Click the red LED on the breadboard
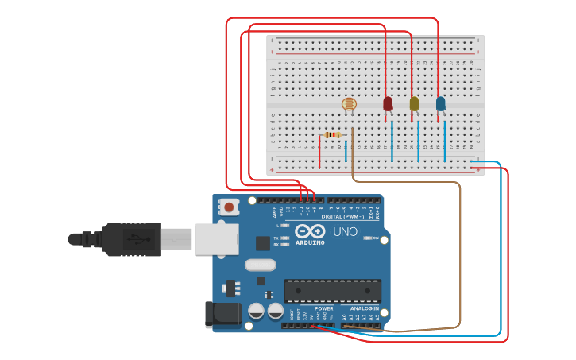[x=388, y=103]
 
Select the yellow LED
[x=414, y=103]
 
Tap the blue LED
[x=441, y=103]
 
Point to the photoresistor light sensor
[x=349, y=104]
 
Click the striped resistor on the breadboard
[x=333, y=135]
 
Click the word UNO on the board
[x=345, y=232]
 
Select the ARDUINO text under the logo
[x=310, y=242]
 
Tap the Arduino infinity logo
[x=310, y=230]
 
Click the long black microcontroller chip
[x=331, y=291]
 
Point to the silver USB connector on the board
[x=216, y=238]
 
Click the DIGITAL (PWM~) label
[x=342, y=217]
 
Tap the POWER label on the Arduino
[x=323, y=308]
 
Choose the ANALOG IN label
[x=365, y=308]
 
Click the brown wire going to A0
[x=459, y=254]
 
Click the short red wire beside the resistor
[x=320, y=151]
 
